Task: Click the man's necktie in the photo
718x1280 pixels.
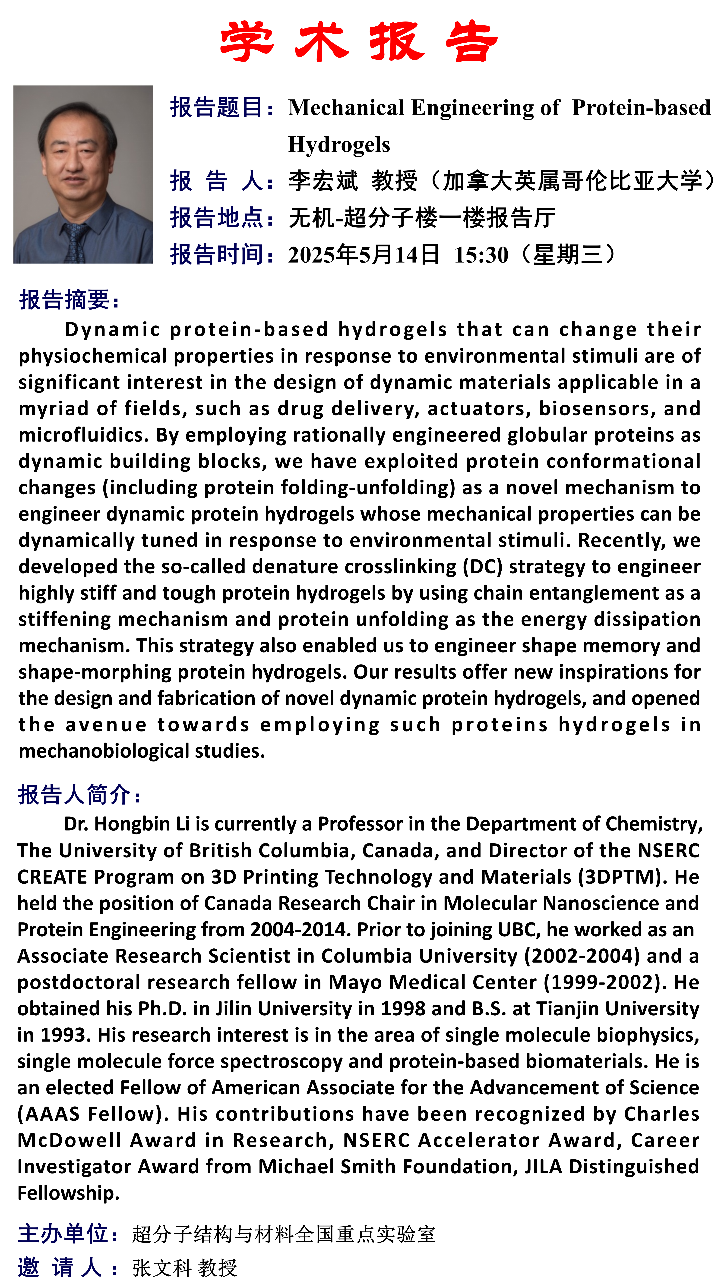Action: [75, 243]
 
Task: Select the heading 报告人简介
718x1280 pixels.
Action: [75, 794]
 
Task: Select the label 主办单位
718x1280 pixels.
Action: [63, 1234]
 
